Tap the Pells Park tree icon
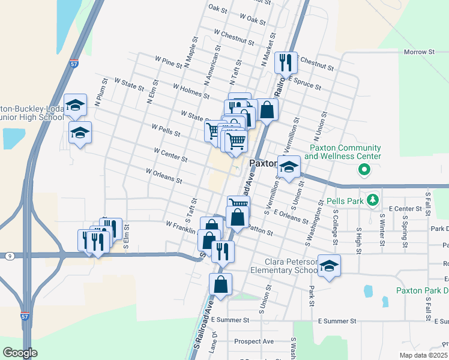pyautogui.click(x=373, y=199)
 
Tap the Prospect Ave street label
pyautogui.click(x=254, y=341)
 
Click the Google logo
pyautogui.click(x=20, y=353)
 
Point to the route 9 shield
pyautogui.click(x=10, y=256)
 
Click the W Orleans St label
pyautogui.click(x=163, y=175)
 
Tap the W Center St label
pyautogui.click(x=170, y=155)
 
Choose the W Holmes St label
pyautogui.click(x=190, y=91)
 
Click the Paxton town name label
pyautogui.click(x=262, y=163)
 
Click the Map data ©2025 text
pyautogui.click(x=423, y=355)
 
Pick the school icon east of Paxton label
pyautogui.click(x=288, y=166)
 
